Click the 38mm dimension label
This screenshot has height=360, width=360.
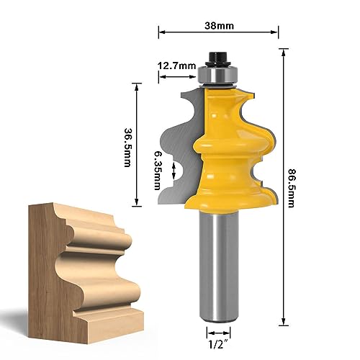coord(219,26)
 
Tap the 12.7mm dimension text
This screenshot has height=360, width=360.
coord(176,66)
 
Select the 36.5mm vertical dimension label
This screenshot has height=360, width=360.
coord(127,148)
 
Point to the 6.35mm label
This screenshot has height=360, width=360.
coord(157,171)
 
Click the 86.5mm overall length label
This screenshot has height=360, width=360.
coord(291,188)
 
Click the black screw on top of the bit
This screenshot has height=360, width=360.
coord(217,58)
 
